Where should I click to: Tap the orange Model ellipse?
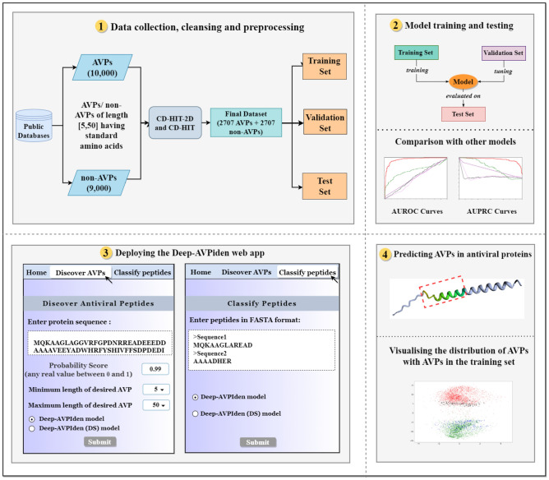pyautogui.click(x=462, y=83)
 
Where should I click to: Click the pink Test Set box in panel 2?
pyautogui.click(x=463, y=114)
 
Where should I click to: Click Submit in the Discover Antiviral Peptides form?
pyautogui.click(x=99, y=442)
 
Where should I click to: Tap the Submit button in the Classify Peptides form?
pyautogui.click(x=256, y=442)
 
